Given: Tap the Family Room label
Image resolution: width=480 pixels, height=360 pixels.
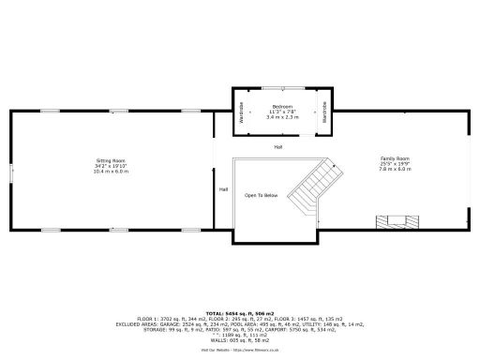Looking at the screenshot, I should (395, 159).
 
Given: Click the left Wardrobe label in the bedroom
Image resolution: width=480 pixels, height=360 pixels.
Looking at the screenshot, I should (242, 112).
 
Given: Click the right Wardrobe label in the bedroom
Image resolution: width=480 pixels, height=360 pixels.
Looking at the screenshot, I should (324, 112).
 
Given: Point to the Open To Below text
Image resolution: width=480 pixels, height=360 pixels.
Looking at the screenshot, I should (262, 195).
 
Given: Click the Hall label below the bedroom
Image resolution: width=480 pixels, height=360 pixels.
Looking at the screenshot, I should (278, 147).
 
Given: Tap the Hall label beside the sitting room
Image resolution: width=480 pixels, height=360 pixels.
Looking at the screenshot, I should (223, 189).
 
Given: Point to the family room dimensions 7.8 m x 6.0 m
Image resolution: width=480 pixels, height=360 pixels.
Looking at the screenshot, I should (395, 171).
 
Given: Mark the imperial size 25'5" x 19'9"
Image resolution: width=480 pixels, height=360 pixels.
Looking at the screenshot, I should (395, 165).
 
